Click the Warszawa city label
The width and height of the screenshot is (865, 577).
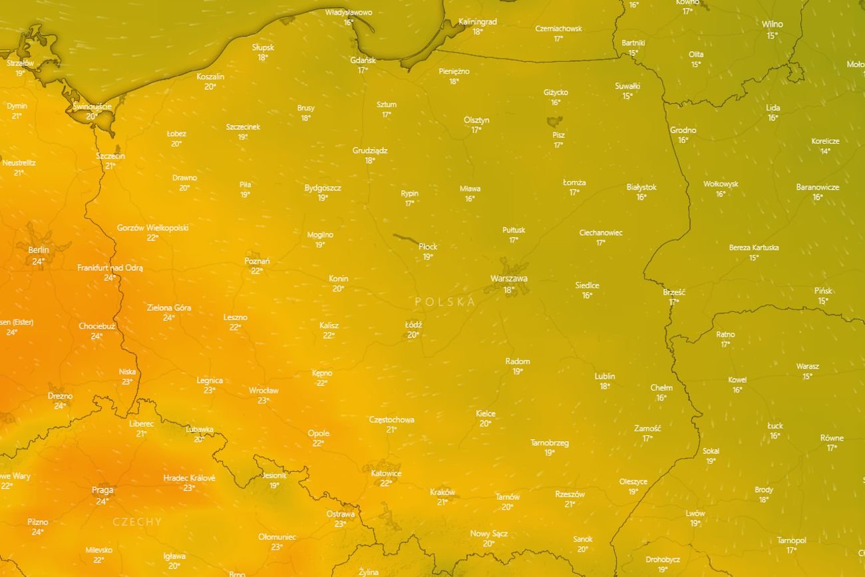(509, 279)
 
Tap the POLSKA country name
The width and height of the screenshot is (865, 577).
(445, 301)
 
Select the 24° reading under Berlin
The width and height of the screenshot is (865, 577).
(38, 262)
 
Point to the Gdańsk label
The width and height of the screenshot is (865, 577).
(363, 60)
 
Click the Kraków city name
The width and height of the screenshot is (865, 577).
(442, 492)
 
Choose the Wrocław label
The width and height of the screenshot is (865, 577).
(263, 391)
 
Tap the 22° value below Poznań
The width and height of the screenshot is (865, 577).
(256, 271)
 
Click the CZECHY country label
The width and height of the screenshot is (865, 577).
(137, 522)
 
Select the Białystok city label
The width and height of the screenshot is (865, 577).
(641, 187)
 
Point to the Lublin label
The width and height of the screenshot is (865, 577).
(604, 376)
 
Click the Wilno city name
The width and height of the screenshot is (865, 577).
(772, 25)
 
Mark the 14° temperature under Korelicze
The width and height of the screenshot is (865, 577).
(825, 151)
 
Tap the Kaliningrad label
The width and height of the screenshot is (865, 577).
(478, 22)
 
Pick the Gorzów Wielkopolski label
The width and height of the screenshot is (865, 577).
(152, 228)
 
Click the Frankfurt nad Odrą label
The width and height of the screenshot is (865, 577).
(110, 268)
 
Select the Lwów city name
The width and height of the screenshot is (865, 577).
(695, 513)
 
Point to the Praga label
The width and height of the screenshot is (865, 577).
(102, 490)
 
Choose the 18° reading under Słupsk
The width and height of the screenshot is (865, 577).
(263, 58)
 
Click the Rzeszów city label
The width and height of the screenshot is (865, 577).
(570, 494)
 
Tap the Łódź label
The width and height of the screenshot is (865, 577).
(413, 325)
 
